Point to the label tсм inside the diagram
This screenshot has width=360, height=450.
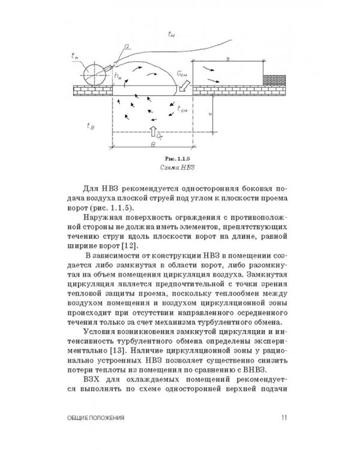tap(185, 109)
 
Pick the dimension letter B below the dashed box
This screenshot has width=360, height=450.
tap(155, 145)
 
